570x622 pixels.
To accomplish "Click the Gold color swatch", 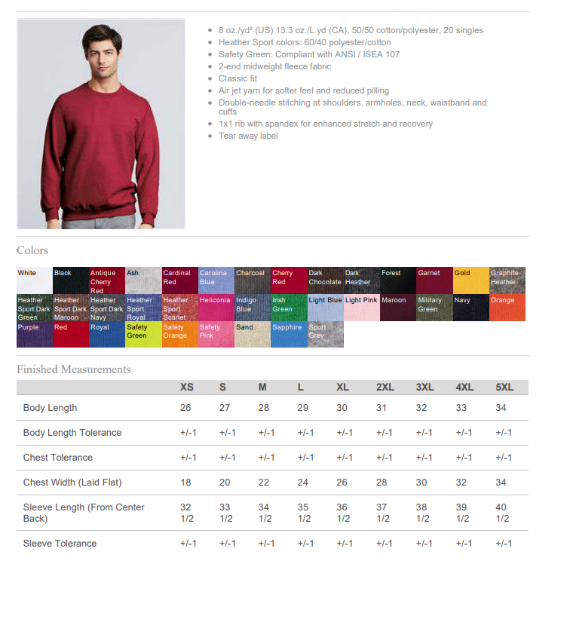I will [x=470, y=280].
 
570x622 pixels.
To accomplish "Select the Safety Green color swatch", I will [x=143, y=334].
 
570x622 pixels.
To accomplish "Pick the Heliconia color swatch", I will [x=216, y=308].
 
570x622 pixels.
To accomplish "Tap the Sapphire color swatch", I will [x=289, y=334].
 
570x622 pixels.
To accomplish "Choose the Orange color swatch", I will [x=507, y=308].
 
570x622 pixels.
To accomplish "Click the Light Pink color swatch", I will [x=361, y=308].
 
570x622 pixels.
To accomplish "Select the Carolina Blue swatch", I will [x=216, y=280].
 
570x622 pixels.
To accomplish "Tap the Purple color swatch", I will [x=34, y=334].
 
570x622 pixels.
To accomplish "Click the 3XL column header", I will [x=424, y=388].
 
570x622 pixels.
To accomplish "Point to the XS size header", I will [x=187, y=388].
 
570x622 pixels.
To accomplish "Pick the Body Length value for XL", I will [x=342, y=408].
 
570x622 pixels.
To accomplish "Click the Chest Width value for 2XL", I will [x=382, y=483].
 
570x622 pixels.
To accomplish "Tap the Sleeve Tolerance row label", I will [x=60, y=544].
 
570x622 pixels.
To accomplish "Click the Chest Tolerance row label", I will [x=58, y=458].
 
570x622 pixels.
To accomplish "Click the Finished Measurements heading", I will [x=74, y=369].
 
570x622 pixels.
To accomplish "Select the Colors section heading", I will [x=32, y=250].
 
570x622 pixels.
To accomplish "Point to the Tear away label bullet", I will [x=248, y=136].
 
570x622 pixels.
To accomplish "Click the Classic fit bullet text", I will [x=237, y=78].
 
